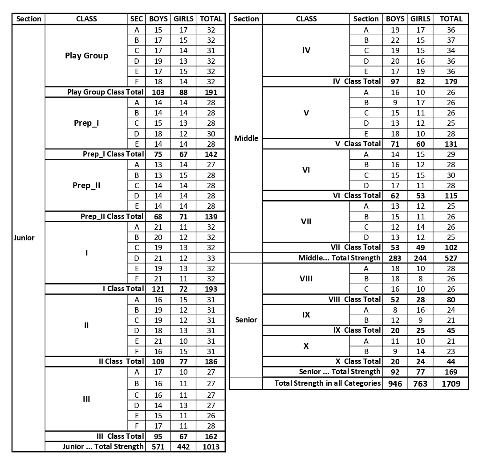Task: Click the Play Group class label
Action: [86, 56]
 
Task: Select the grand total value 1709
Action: [451, 383]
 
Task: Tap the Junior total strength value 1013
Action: [211, 447]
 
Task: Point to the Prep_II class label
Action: [86, 185]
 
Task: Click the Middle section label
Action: [246, 138]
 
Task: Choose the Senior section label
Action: [246, 320]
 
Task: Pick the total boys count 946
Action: [394, 383]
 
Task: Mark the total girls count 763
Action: [420, 383]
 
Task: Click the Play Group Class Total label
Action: [105, 92]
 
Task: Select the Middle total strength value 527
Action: [451, 258]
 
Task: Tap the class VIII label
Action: [306, 279]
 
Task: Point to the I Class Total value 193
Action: [211, 289]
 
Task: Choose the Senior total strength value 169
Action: [451, 371]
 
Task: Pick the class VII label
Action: [306, 222]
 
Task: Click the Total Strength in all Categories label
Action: [327, 383]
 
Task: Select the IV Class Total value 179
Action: [451, 82]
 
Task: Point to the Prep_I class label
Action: [86, 123]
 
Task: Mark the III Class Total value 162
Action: [211, 436]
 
